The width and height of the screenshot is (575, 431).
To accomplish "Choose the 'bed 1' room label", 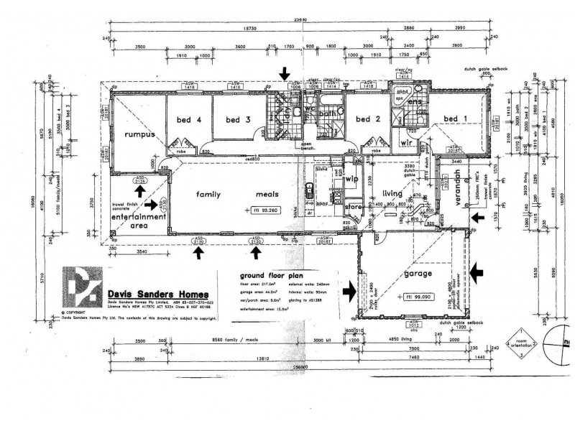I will tap(456, 119).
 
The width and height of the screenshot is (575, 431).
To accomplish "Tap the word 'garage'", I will tap(418, 274).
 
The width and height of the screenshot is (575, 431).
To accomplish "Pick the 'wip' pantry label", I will tap(351, 180).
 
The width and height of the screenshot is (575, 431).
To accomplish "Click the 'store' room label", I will tap(353, 208).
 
